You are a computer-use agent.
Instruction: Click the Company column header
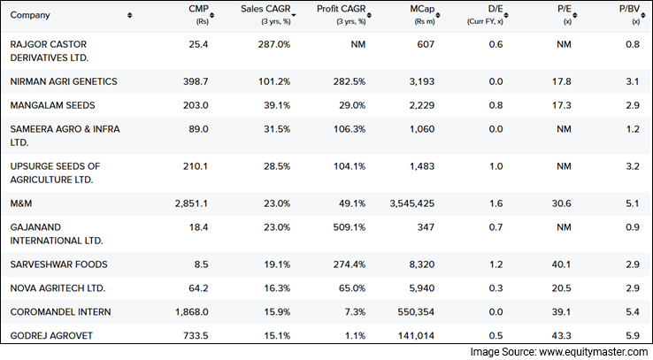click(x=30, y=15)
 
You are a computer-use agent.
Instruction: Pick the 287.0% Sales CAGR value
click(x=270, y=44)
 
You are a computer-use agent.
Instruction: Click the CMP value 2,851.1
click(x=191, y=203)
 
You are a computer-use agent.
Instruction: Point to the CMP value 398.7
click(x=194, y=82)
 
